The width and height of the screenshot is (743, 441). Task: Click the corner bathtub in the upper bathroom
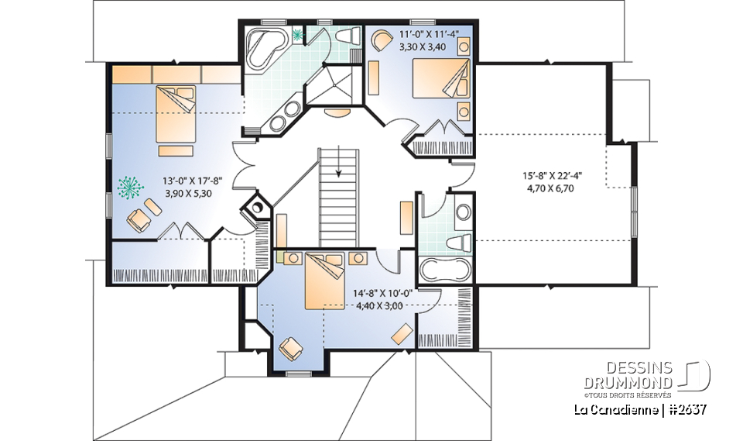click(265, 48)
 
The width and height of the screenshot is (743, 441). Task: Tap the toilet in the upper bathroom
click(350, 36)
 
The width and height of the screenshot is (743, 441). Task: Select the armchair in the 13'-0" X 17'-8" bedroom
click(139, 219)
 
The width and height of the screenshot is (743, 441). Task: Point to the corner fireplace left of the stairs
click(255, 208)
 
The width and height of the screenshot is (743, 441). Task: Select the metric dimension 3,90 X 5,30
click(192, 194)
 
